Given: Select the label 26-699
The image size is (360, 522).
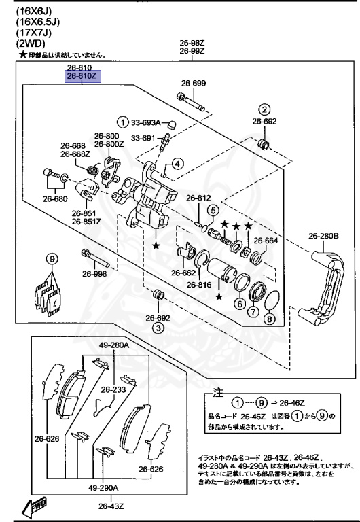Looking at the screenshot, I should [x=193, y=84].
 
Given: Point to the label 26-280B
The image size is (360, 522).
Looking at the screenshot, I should [x=323, y=236].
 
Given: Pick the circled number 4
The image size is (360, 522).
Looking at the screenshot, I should [x=176, y=163].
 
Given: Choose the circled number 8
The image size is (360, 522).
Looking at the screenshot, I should [x=269, y=319].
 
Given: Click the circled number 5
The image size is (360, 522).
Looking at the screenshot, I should [x=212, y=210].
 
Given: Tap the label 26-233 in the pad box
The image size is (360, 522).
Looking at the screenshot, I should [x=114, y=389].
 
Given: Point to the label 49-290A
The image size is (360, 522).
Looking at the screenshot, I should [x=103, y=488].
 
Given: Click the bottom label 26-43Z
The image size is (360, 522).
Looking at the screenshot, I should [x=110, y=506].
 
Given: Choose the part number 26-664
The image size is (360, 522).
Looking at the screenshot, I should [x=266, y=240].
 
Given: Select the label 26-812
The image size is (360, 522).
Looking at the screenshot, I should [x=200, y=198].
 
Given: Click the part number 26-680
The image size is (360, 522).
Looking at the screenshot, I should [x=56, y=199].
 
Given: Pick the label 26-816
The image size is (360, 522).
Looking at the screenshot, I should [x=200, y=285].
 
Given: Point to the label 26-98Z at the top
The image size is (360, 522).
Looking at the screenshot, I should [x=193, y=42].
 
